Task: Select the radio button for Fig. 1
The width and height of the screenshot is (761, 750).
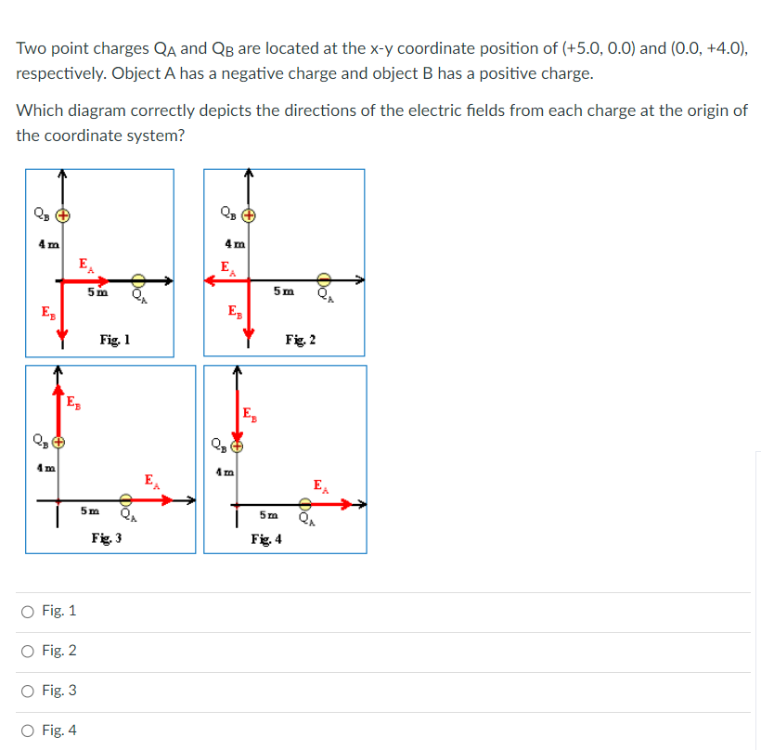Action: point(29,611)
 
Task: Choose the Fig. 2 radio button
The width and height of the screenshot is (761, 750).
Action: point(29,651)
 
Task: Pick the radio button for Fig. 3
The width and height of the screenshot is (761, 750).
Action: point(29,691)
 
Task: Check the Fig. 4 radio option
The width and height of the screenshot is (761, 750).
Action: point(29,731)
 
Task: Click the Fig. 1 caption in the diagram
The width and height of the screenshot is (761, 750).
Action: point(114,341)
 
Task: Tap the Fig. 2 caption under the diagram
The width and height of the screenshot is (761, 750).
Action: point(300,341)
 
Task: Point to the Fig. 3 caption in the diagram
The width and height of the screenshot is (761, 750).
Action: point(107,538)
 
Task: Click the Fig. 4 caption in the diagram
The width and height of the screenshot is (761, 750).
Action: point(265,539)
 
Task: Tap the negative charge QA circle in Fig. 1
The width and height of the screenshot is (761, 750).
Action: point(138,279)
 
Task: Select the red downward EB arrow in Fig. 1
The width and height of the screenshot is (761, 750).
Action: point(62,312)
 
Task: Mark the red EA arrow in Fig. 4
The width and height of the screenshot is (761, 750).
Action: point(333,504)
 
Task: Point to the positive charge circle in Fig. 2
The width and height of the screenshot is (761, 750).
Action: point(248,216)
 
